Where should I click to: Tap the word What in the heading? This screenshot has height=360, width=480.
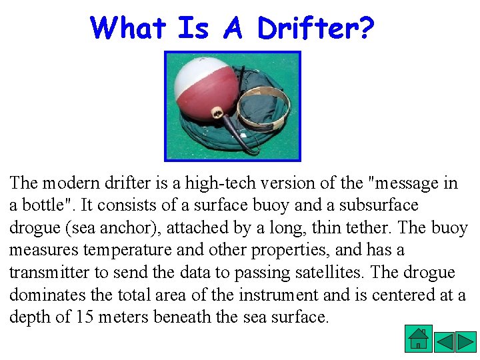pos(128,28)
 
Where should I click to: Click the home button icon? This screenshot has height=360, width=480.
pos(418,338)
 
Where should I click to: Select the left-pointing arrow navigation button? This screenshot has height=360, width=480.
pos(445,341)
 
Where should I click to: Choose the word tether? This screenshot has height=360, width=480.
pos(368,228)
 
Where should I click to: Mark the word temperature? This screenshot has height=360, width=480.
pos(123,251)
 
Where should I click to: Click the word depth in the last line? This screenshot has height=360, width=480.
pos(29,317)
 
